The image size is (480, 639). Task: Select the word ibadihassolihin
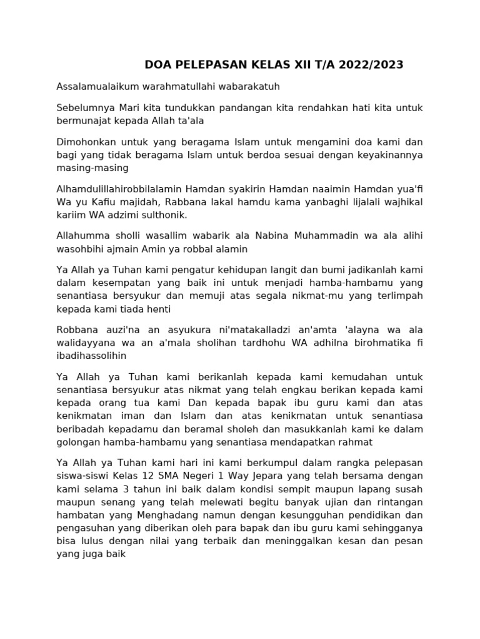91,356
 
